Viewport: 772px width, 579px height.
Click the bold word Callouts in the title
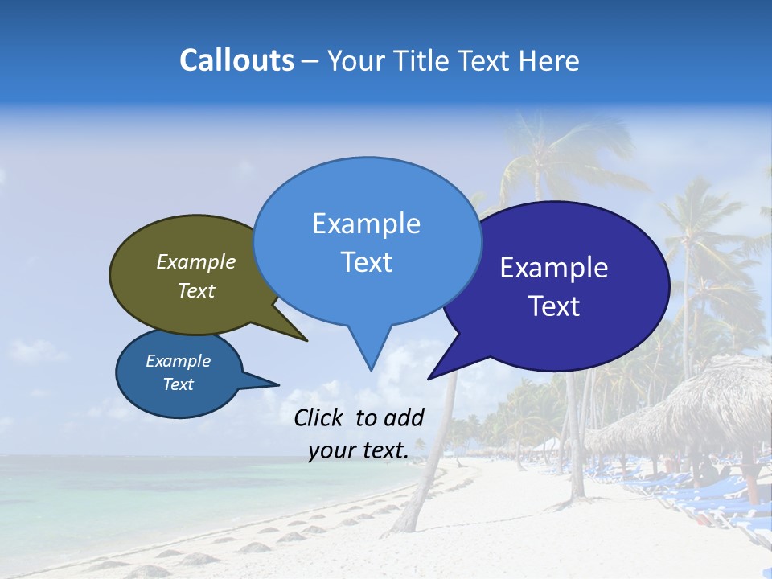(x=236, y=60)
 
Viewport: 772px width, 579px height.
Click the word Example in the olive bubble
(x=196, y=261)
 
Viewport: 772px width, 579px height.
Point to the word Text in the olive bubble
(x=196, y=290)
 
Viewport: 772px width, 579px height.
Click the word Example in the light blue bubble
(x=366, y=224)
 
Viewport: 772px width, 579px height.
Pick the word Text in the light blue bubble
(x=366, y=262)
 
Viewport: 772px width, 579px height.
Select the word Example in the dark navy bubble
(x=554, y=268)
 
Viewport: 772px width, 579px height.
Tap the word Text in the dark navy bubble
(x=554, y=306)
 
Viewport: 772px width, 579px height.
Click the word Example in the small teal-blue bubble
(x=178, y=361)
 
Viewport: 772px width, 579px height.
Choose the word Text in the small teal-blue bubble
(x=178, y=384)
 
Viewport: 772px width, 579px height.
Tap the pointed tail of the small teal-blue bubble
(x=273, y=384)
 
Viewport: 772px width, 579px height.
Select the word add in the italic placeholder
(x=404, y=417)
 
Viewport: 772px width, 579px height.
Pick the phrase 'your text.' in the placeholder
(x=358, y=450)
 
